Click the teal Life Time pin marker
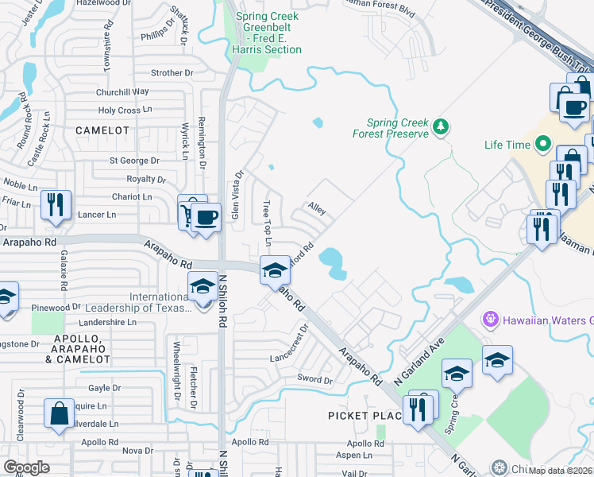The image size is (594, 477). point(543,145)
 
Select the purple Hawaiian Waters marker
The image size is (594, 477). point(489,320)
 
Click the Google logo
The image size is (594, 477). point(27,467)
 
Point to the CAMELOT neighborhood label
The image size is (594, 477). point(102,130)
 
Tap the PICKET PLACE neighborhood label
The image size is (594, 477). point(360,416)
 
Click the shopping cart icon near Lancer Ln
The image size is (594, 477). point(191,212)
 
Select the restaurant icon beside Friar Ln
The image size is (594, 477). point(55,205)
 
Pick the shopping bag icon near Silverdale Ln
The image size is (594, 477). point(59,413)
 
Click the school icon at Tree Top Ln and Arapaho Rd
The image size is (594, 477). point(275,270)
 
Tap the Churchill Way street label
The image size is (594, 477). point(122,92)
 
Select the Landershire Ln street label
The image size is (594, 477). point(109,323)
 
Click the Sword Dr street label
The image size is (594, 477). point(314,379)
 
